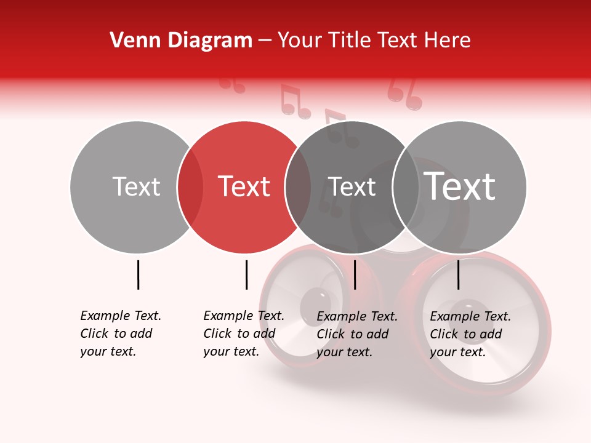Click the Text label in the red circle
[x=244, y=186]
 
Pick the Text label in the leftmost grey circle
[x=136, y=186]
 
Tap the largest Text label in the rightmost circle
[x=460, y=186]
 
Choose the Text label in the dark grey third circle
[x=352, y=186]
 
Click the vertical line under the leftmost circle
[x=138, y=274]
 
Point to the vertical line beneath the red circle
[x=246, y=274]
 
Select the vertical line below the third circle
[x=355, y=274]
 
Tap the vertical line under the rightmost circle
[x=458, y=274]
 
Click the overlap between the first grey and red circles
[x=190, y=187]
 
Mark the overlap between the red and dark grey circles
[x=298, y=187]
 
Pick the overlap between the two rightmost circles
[x=406, y=187]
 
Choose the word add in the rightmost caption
[x=492, y=334]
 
